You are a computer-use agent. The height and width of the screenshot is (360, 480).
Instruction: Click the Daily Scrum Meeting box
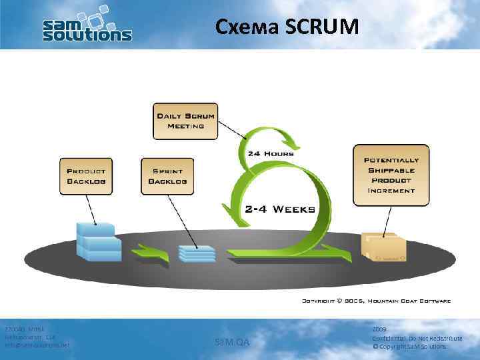[x=185, y=121]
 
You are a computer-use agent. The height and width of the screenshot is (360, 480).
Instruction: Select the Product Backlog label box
[x=85, y=176]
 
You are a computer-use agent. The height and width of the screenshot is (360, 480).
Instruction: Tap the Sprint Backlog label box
[x=167, y=176]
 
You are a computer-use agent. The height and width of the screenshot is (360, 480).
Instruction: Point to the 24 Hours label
[x=271, y=153]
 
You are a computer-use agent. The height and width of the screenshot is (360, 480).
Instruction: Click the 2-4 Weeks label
[x=280, y=209]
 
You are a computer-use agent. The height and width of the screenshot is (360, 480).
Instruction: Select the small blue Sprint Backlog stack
[x=197, y=253]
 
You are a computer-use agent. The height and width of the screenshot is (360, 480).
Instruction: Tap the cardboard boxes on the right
[x=384, y=247]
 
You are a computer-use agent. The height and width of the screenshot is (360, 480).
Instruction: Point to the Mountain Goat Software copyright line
[x=377, y=301]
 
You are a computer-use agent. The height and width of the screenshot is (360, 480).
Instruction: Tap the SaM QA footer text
[x=232, y=342]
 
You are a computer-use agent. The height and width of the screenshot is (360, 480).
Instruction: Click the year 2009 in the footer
[x=379, y=330]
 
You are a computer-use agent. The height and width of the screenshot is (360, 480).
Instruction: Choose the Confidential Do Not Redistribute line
[x=417, y=339]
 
